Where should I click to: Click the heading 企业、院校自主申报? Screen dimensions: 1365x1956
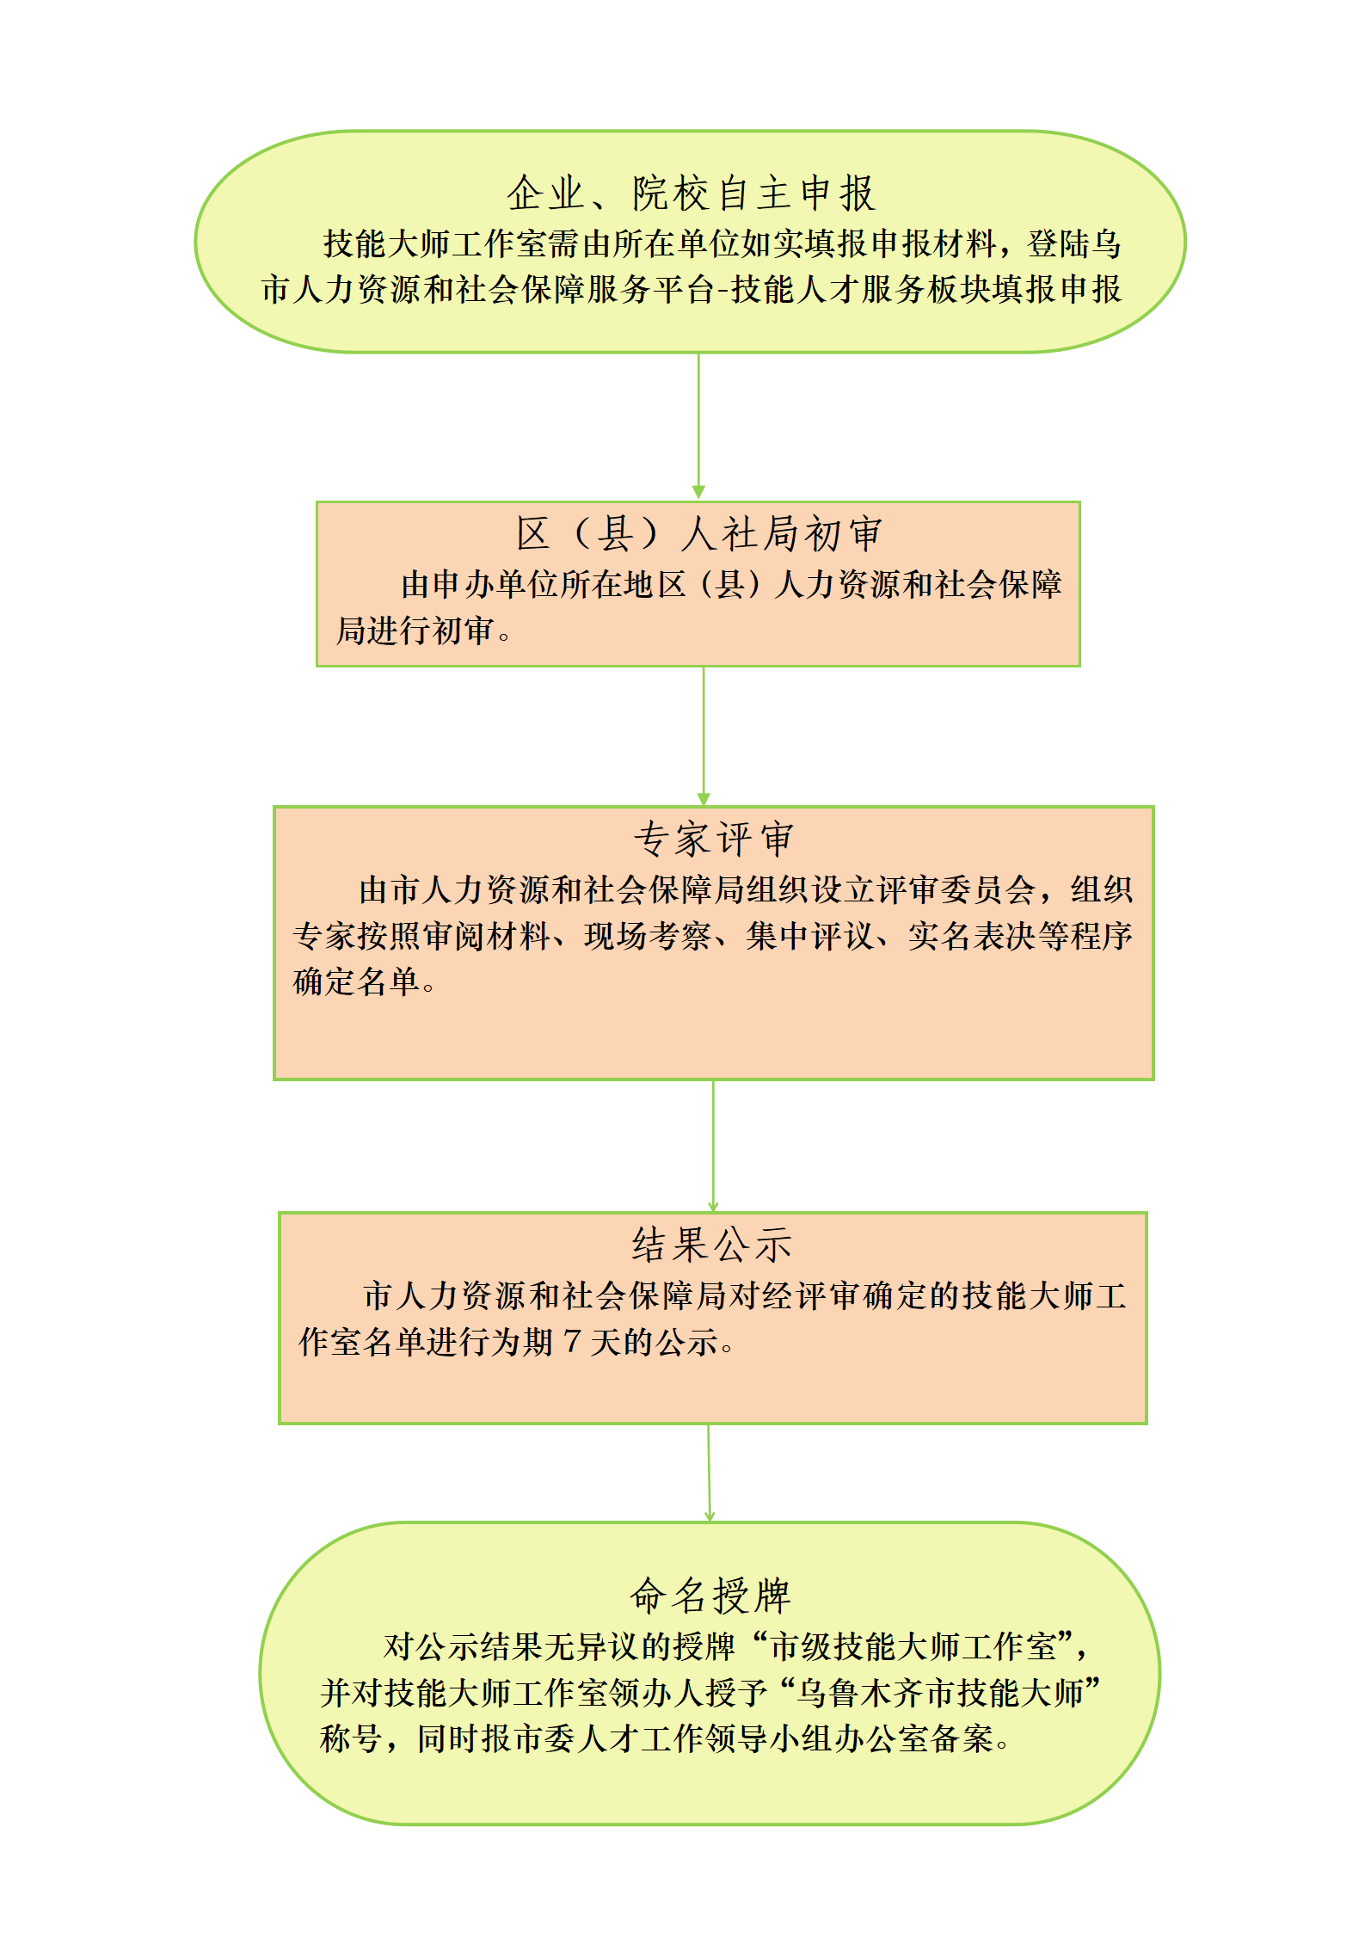click(x=691, y=193)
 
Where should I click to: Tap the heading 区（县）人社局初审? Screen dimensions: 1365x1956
click(x=698, y=533)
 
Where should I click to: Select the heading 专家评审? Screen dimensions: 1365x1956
click(x=714, y=839)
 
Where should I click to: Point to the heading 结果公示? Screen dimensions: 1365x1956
click(x=712, y=1245)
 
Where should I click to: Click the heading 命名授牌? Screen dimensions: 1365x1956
click(x=710, y=1596)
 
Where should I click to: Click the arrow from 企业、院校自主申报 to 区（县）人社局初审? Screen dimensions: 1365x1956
click(x=698, y=426)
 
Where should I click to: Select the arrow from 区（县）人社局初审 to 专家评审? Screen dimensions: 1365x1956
click(x=704, y=736)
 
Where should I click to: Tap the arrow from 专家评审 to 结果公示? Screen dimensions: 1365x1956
click(x=713, y=1146)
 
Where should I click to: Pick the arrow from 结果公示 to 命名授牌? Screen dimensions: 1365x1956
click(x=709, y=1473)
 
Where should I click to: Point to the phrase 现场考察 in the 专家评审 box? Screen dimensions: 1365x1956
click(x=648, y=936)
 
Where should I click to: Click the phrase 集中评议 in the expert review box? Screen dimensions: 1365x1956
click(x=809, y=936)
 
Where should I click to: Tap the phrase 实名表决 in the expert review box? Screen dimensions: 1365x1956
click(x=971, y=936)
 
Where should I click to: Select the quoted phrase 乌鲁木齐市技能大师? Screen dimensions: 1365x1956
click(x=940, y=1694)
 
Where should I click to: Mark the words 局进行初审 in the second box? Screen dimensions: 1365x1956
click(x=415, y=630)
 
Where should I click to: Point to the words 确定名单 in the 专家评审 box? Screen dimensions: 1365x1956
click(x=356, y=981)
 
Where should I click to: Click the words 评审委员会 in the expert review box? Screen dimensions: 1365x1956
click(x=956, y=889)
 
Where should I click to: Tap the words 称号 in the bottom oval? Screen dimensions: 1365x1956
click(x=351, y=1739)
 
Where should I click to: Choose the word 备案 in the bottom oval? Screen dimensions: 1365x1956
click(x=962, y=1739)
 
